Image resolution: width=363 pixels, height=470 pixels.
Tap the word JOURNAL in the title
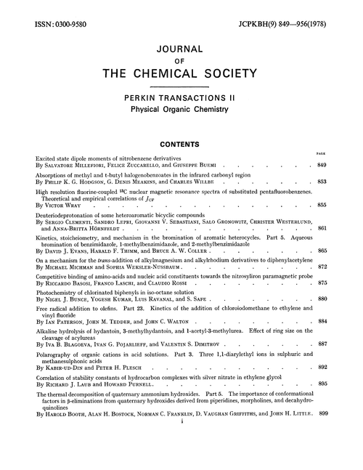181,52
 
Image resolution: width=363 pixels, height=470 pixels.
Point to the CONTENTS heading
181,144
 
